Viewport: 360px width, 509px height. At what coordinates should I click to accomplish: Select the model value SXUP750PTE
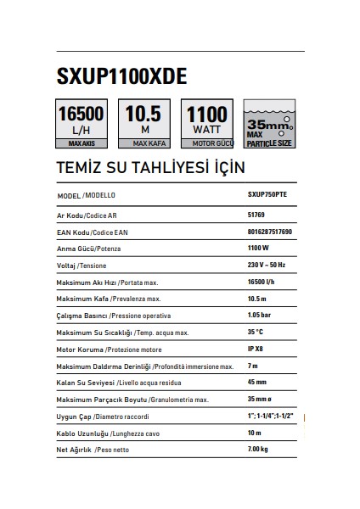tap(267, 195)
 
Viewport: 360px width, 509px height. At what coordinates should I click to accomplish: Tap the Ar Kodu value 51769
tap(256, 215)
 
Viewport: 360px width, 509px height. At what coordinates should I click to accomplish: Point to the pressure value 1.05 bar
tap(260, 314)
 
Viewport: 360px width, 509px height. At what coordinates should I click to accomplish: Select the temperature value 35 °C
tap(256, 331)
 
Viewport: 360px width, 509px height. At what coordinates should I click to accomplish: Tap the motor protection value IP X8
tap(256, 348)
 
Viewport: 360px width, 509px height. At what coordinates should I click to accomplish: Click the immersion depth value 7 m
tap(252, 365)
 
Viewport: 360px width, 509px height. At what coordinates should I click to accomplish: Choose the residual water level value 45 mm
tap(256, 382)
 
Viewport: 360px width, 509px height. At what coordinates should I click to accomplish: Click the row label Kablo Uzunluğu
tap(82, 433)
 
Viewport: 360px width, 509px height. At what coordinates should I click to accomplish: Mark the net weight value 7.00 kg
tap(259, 449)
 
